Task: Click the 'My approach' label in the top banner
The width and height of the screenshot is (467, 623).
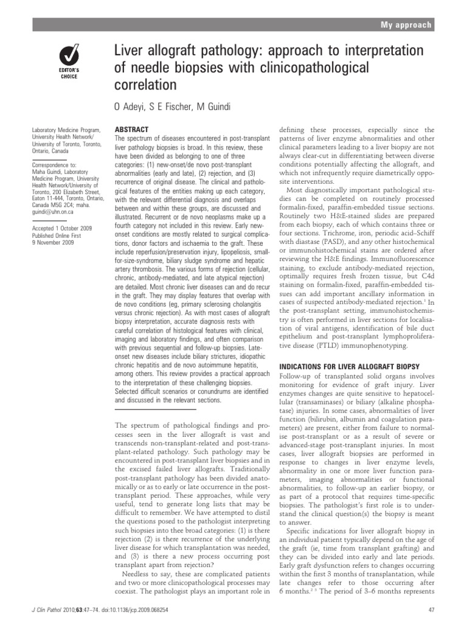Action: [x=406, y=25]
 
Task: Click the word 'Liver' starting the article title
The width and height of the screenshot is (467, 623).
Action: [x=128, y=50]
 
